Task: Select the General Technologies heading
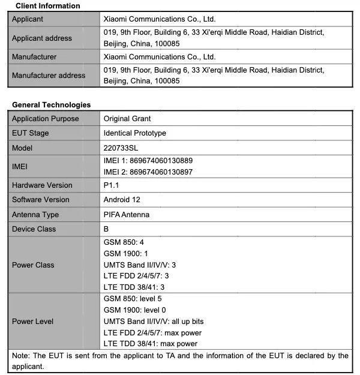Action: click(x=51, y=104)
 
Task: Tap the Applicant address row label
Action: click(x=42, y=38)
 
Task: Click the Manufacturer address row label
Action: click(x=49, y=76)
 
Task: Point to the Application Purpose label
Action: click(x=46, y=119)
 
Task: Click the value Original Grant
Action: click(x=127, y=119)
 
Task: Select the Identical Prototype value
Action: click(x=135, y=133)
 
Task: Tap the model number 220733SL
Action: click(x=122, y=148)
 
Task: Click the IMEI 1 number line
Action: click(x=148, y=161)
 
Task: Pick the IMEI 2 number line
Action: click(x=148, y=172)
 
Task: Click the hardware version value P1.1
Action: click(x=112, y=185)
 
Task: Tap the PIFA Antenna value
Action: click(x=127, y=215)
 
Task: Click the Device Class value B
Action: click(x=106, y=229)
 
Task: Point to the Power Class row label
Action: click(x=33, y=265)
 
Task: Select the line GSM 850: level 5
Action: click(x=133, y=298)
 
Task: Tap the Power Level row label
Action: click(x=32, y=322)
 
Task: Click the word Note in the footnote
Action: click(x=20, y=356)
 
